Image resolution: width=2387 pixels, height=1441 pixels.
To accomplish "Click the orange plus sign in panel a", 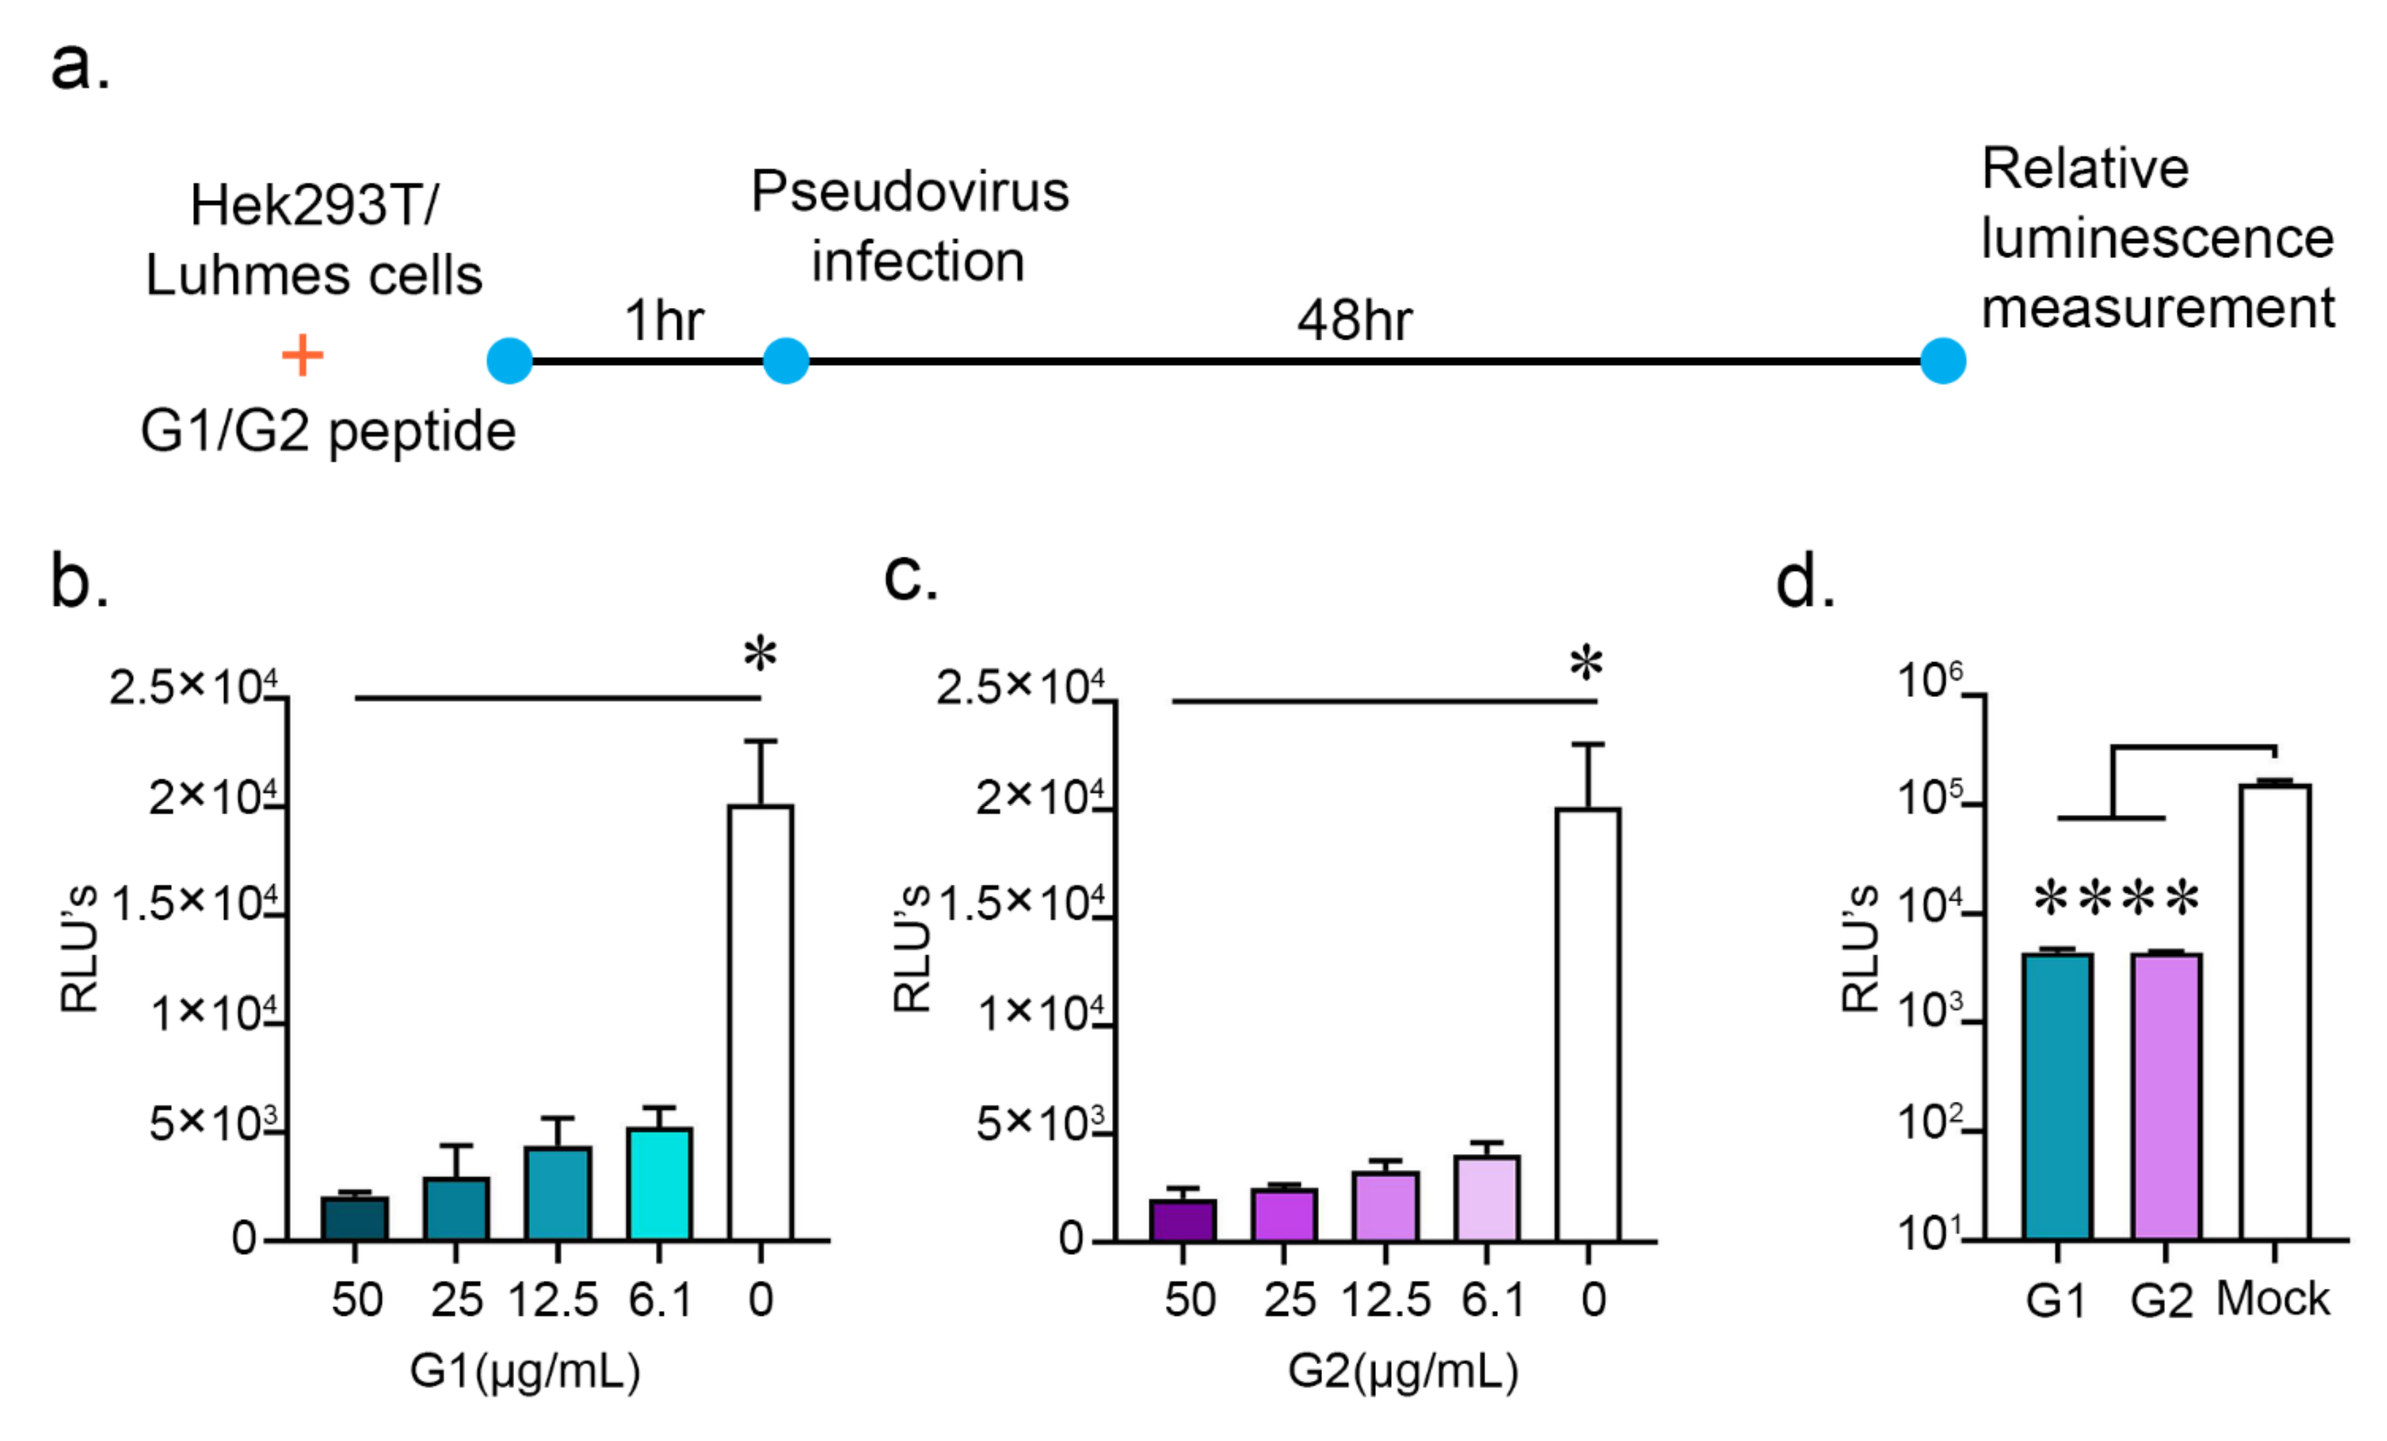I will coord(302,356).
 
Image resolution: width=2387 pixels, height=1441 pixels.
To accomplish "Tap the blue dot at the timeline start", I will coord(509,361).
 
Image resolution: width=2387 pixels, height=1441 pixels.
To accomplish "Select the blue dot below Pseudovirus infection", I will coord(785,361).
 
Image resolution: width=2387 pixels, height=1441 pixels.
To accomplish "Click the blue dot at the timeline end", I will coord(1943,361).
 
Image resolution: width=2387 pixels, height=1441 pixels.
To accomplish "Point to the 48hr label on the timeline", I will coord(1354,320).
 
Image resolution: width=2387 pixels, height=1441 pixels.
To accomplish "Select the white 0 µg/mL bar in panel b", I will coord(760,1023).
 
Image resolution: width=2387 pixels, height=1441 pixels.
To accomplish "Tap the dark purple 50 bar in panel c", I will coord(1183,1220).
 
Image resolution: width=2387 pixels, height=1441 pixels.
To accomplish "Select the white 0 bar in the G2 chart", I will coord(1588,1024).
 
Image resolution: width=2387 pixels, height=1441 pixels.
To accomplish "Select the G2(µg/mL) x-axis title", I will coord(1402,1371).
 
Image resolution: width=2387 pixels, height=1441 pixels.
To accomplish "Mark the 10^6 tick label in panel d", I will coord(1928,680).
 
